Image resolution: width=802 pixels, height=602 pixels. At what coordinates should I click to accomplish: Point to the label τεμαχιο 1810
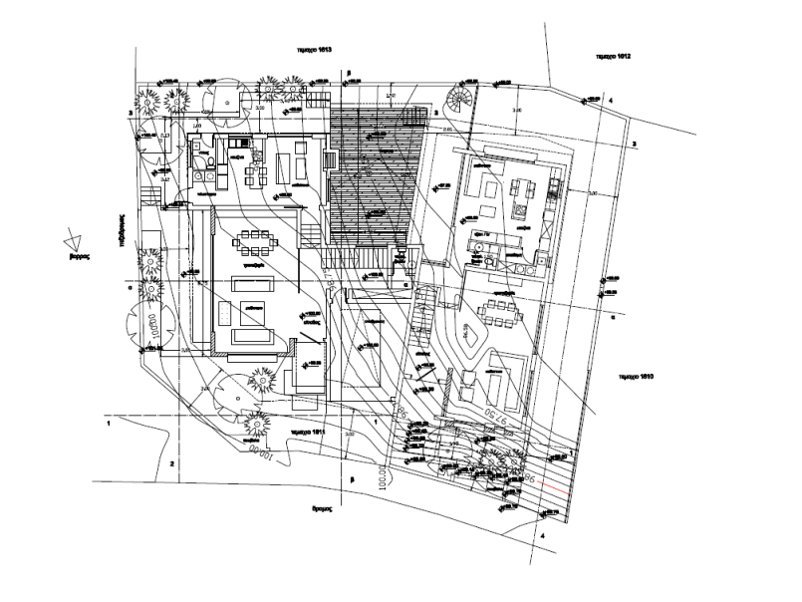634,379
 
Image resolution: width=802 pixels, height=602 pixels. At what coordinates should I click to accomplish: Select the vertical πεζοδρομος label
119,230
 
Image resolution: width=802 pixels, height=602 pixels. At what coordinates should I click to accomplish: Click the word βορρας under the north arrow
80,256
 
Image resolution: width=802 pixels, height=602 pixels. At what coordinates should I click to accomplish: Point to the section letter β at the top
350,73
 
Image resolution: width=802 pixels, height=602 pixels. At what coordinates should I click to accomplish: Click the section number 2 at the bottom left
171,464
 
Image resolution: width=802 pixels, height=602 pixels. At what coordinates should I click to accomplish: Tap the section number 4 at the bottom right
543,535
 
